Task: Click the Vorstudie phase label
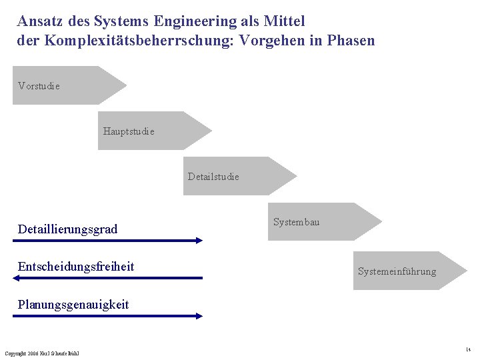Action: (x=39, y=86)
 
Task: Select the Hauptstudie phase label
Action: (x=129, y=131)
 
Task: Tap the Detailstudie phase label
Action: (x=213, y=177)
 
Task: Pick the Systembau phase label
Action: (x=296, y=222)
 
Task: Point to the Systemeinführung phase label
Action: (x=397, y=271)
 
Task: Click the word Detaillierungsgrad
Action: (x=67, y=229)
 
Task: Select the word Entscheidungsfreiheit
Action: (x=76, y=267)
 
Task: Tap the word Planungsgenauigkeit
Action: (x=73, y=305)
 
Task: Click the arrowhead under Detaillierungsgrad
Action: (x=199, y=241)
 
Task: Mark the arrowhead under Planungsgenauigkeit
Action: (x=199, y=316)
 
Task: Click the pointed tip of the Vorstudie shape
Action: (x=125, y=85)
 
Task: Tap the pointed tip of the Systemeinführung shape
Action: (x=466, y=271)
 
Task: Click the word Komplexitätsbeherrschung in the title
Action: (x=134, y=41)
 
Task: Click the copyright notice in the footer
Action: (x=41, y=353)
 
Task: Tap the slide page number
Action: (x=468, y=349)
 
